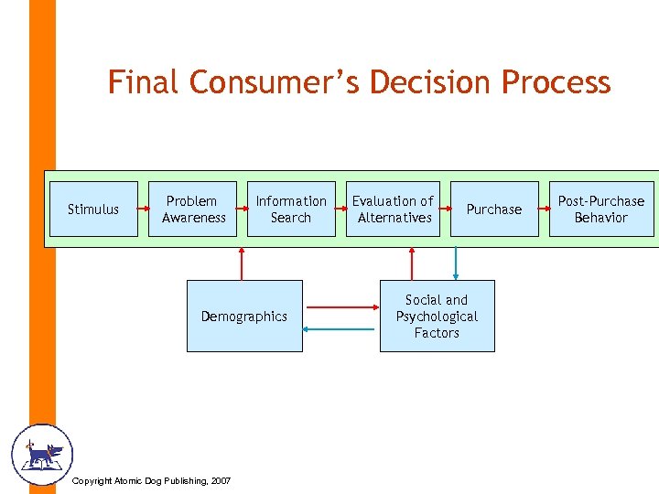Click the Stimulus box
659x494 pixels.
92,209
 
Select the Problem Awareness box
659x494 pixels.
193,209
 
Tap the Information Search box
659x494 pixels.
291,209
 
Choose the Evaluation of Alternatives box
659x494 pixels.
394,209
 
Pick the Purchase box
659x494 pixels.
493,209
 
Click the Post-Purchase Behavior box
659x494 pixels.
601,209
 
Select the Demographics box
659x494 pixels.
244,317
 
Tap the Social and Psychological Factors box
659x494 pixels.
437,317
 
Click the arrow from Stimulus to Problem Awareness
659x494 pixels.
144,208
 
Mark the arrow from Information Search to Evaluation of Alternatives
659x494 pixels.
340,208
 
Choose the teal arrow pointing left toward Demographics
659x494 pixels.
340,328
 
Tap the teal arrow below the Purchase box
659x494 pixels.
455,259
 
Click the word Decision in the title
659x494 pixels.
418,82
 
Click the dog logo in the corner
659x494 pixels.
40,455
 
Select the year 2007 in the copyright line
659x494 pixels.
220,481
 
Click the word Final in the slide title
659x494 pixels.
145,82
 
